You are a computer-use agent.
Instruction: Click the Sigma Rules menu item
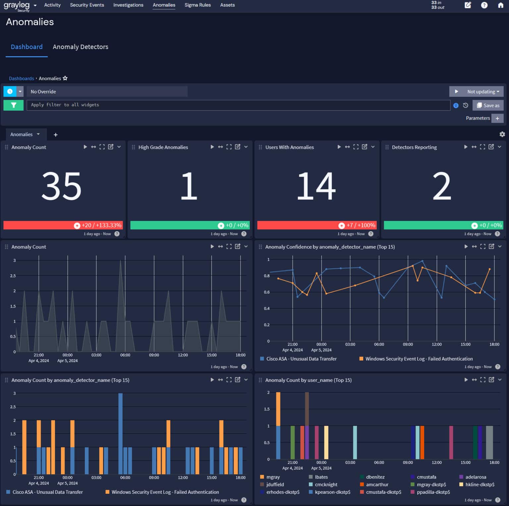[198, 5]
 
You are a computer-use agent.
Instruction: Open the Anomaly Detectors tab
[80, 47]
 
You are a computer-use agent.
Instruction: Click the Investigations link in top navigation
[128, 5]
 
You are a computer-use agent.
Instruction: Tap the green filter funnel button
[14, 105]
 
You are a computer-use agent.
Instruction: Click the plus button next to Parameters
[497, 118]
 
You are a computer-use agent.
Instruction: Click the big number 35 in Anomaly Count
[62, 186]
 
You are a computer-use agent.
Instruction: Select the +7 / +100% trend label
[361, 225]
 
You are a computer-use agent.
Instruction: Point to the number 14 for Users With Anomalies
[316, 186]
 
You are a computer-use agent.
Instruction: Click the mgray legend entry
[273, 477]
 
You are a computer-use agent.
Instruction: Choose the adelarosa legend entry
[476, 477]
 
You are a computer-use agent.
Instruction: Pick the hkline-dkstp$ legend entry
[480, 484]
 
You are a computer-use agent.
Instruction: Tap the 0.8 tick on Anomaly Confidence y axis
[267, 276]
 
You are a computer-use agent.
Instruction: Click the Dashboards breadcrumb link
[21, 79]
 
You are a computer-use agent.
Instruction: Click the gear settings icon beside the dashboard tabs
[502, 134]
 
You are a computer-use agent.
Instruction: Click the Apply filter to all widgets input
[238, 105]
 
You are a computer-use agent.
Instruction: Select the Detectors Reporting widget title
[414, 147]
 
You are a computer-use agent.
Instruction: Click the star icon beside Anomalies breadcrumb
[65, 78]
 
